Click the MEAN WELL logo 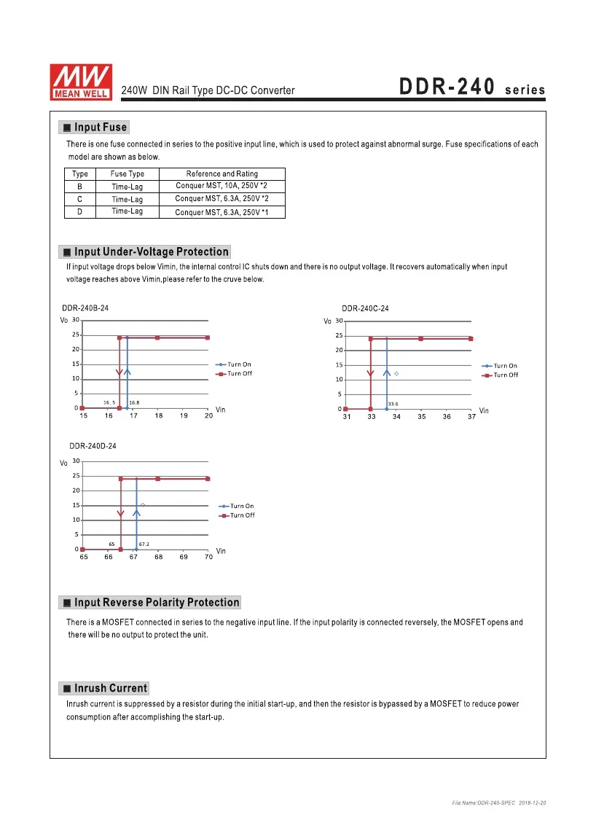coord(79,80)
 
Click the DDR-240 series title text coord(472,88)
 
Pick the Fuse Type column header coord(128,173)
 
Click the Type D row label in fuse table coord(79,211)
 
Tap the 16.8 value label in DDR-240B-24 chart coord(134,402)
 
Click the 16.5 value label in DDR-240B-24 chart coord(109,402)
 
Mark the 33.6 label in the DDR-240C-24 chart coord(393,403)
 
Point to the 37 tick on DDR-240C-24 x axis coord(471,417)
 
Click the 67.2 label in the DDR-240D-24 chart coord(144,544)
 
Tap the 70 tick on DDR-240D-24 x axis coord(208,557)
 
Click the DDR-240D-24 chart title coord(93,446)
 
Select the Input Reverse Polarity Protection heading coord(156,603)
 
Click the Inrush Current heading coord(110,688)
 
